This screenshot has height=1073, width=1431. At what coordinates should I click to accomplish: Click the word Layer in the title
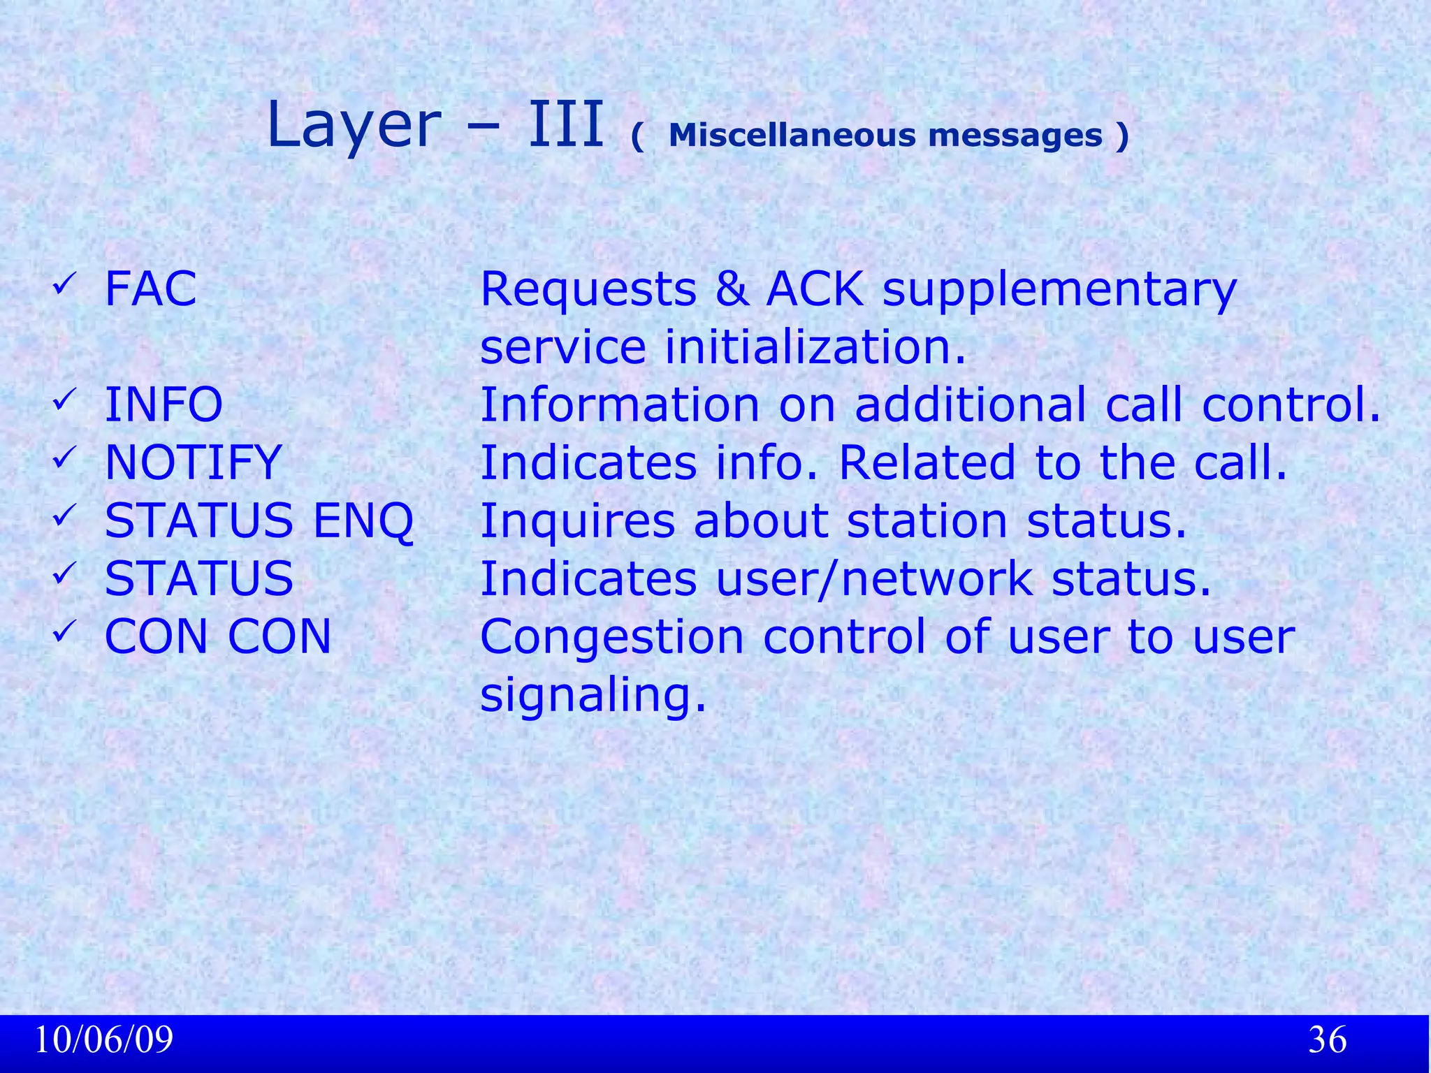[x=353, y=126]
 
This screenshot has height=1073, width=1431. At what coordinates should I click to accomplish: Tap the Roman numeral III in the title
[x=565, y=126]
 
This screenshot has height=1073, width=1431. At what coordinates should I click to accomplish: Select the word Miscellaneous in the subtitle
[x=791, y=136]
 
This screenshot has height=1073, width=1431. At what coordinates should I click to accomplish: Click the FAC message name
[x=150, y=289]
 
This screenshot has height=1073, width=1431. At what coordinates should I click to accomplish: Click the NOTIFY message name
[x=193, y=462]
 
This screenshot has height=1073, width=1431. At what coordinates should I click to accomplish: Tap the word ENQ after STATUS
[x=363, y=521]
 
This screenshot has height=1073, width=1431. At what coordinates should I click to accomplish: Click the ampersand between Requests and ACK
[x=731, y=289]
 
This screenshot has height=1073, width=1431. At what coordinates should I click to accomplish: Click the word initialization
[x=815, y=347]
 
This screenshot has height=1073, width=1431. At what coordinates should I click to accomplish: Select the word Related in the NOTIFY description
[x=927, y=462]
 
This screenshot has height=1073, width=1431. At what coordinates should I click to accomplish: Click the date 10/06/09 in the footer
[x=103, y=1039]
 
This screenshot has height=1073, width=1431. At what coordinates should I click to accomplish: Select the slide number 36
[x=1327, y=1039]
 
